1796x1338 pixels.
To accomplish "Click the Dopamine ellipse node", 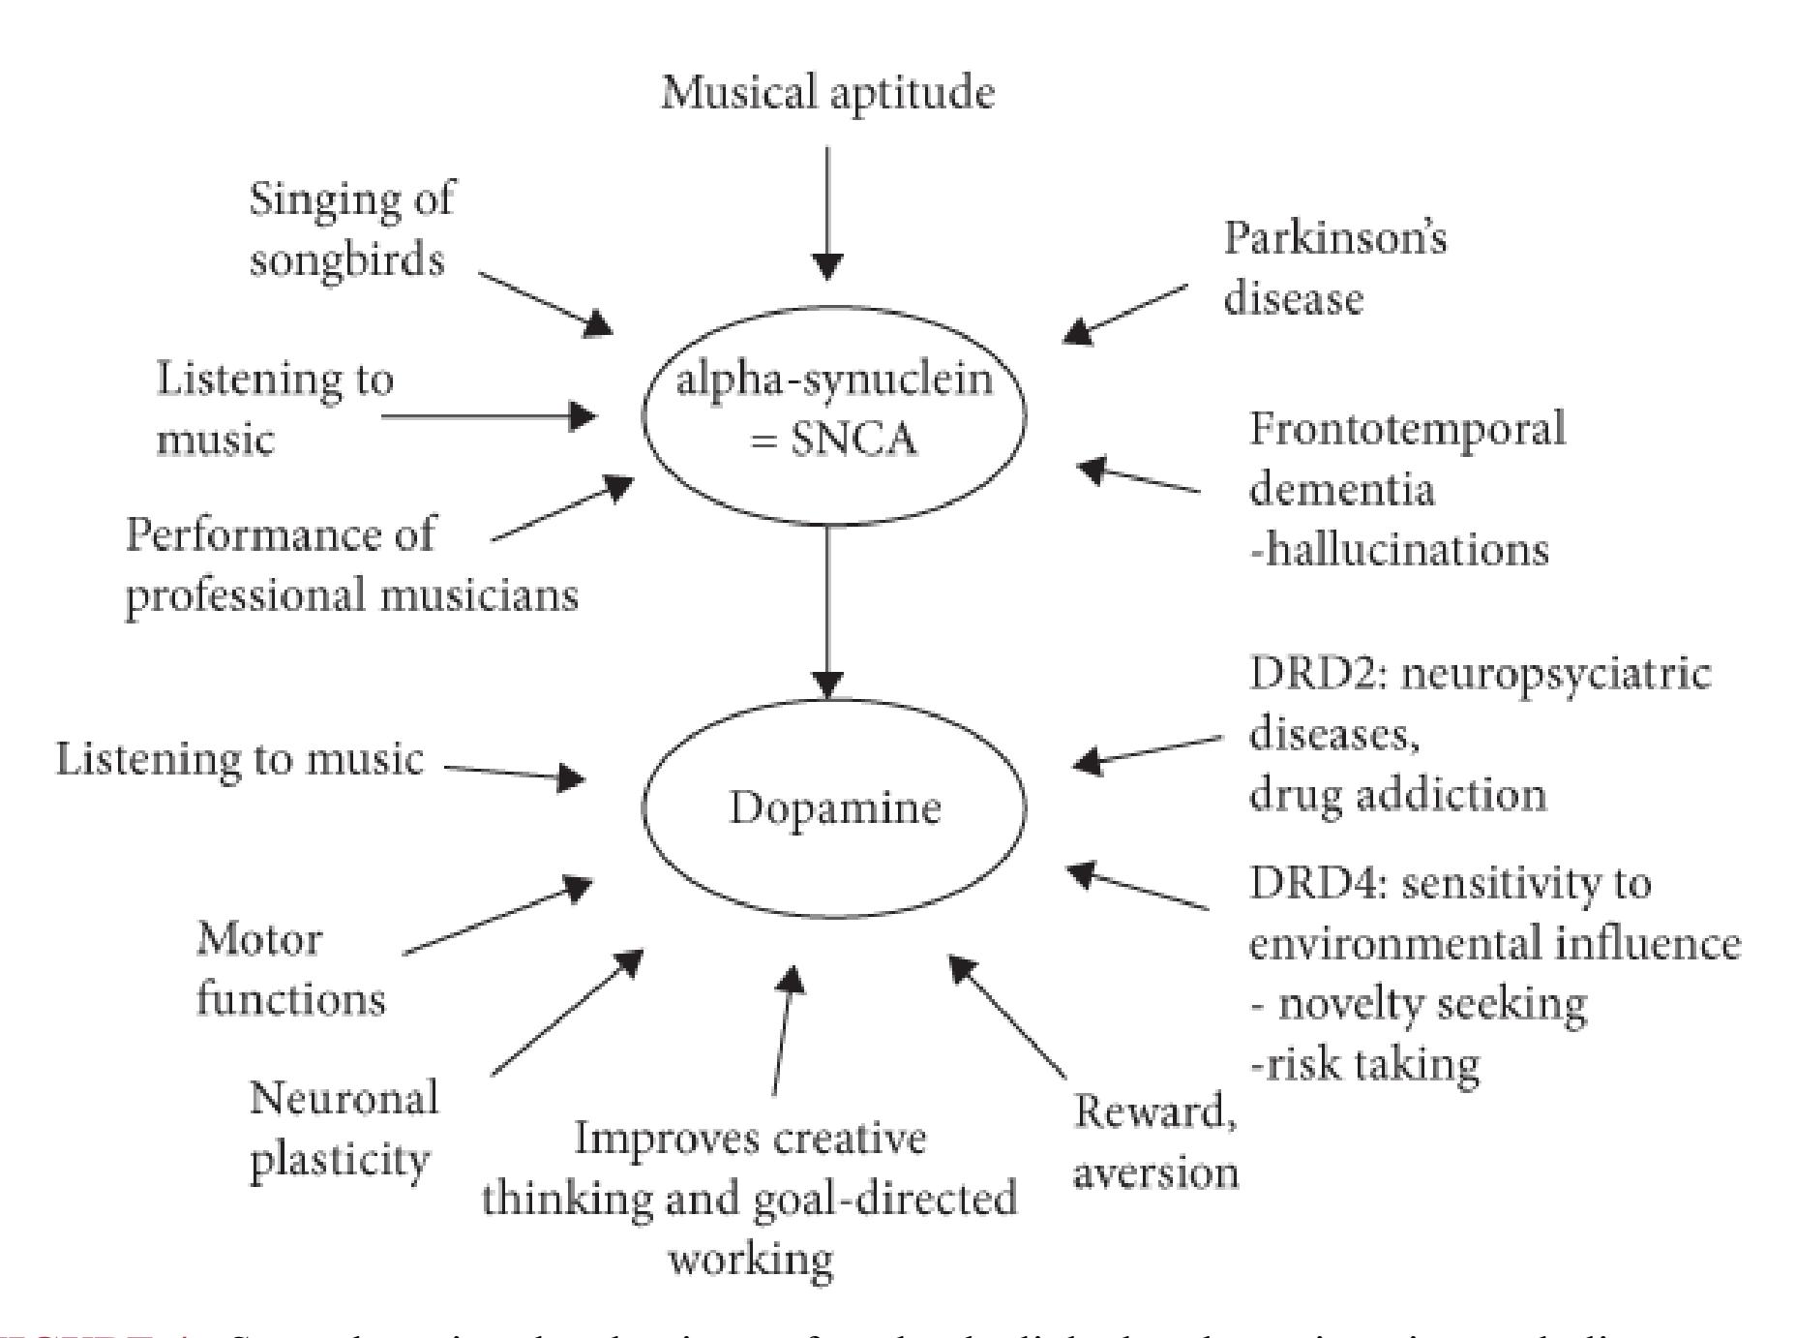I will pyautogui.click(x=833, y=807).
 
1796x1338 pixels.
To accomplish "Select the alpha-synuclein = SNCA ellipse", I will pyautogui.click(x=833, y=412).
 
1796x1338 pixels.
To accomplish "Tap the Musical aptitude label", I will pyautogui.click(x=827, y=94).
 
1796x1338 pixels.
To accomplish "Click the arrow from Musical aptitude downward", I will pyautogui.click(x=826, y=213).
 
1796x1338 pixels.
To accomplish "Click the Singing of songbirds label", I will pyautogui.click(x=350, y=229).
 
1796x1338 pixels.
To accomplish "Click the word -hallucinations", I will pyautogui.click(x=1399, y=550).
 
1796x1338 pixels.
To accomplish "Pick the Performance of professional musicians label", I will pyautogui.click(x=350, y=564).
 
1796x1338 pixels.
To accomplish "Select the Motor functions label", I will pyautogui.click(x=290, y=969).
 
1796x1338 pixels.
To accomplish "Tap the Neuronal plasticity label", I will pyautogui.click(x=344, y=1129).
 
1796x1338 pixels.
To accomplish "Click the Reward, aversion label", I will pyautogui.click(x=1155, y=1142).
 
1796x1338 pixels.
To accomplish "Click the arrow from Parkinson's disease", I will pyautogui.click(x=1125, y=313).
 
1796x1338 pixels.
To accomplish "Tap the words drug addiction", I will pyautogui.click(x=1397, y=795).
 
